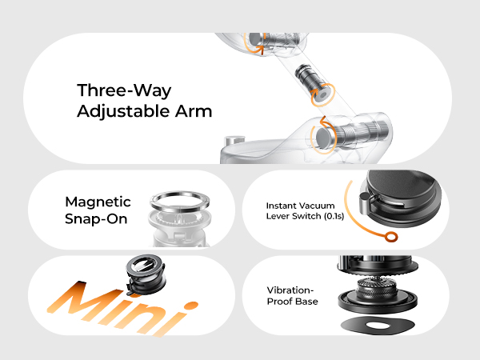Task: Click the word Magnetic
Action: (98, 202)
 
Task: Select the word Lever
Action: (280, 217)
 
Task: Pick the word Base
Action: (306, 302)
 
